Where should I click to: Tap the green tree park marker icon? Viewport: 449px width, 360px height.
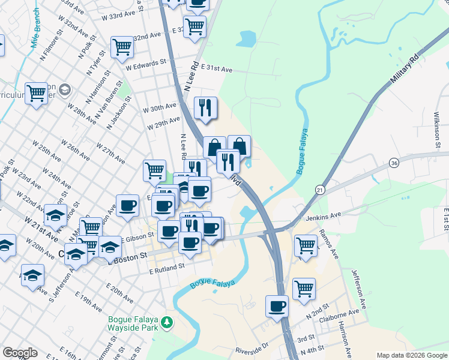pyautogui.click(x=168, y=323)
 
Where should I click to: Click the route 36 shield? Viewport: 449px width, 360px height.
pyautogui.click(x=394, y=163)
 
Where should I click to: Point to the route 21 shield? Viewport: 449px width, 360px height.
pyautogui.click(x=320, y=190)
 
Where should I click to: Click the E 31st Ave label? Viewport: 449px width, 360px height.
pyautogui.click(x=217, y=69)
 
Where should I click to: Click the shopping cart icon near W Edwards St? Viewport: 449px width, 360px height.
pyautogui.click(x=122, y=46)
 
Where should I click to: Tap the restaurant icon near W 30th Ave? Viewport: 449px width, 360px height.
pyautogui.click(x=205, y=107)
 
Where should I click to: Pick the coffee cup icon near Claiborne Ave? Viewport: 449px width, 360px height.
pyautogui.click(x=277, y=306)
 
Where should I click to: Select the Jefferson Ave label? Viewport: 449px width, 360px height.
pyautogui.click(x=358, y=289)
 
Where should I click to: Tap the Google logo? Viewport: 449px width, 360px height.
pyautogui.click(x=20, y=353)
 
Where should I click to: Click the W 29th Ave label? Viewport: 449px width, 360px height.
pyautogui.click(x=163, y=124)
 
